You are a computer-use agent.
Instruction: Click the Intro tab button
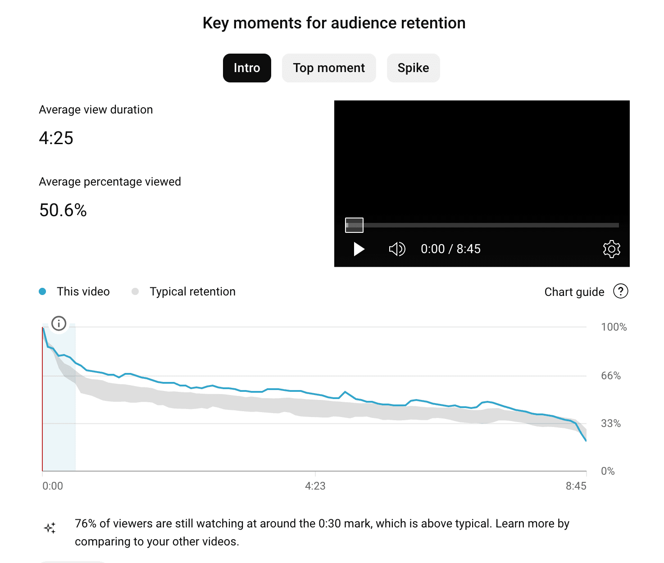[x=247, y=68]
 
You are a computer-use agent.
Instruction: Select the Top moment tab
[x=329, y=68]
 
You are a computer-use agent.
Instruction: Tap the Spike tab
[x=413, y=68]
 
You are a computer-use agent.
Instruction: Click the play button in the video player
[x=359, y=249]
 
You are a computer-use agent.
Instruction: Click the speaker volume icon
[x=397, y=249]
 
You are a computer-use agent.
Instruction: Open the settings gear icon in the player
[x=611, y=249]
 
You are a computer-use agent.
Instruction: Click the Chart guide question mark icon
[x=620, y=291]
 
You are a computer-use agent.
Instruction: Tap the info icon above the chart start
[x=59, y=323]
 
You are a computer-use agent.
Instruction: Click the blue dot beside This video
[x=42, y=291]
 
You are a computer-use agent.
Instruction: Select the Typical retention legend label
[x=192, y=291]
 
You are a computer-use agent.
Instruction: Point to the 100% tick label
[x=614, y=327]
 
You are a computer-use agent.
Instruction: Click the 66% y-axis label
[x=611, y=376]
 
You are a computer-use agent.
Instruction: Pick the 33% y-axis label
[x=611, y=423]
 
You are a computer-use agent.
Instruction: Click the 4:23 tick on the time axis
[x=315, y=486]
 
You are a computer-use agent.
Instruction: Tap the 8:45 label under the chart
[x=576, y=486]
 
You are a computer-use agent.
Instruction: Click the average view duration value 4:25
[x=56, y=138]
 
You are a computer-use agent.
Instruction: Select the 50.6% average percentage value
[x=63, y=210]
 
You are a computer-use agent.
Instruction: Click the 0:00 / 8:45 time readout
[x=450, y=249]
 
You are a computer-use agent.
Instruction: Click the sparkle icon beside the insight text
[x=50, y=528]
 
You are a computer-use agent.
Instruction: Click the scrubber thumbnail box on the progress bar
[x=354, y=225]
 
